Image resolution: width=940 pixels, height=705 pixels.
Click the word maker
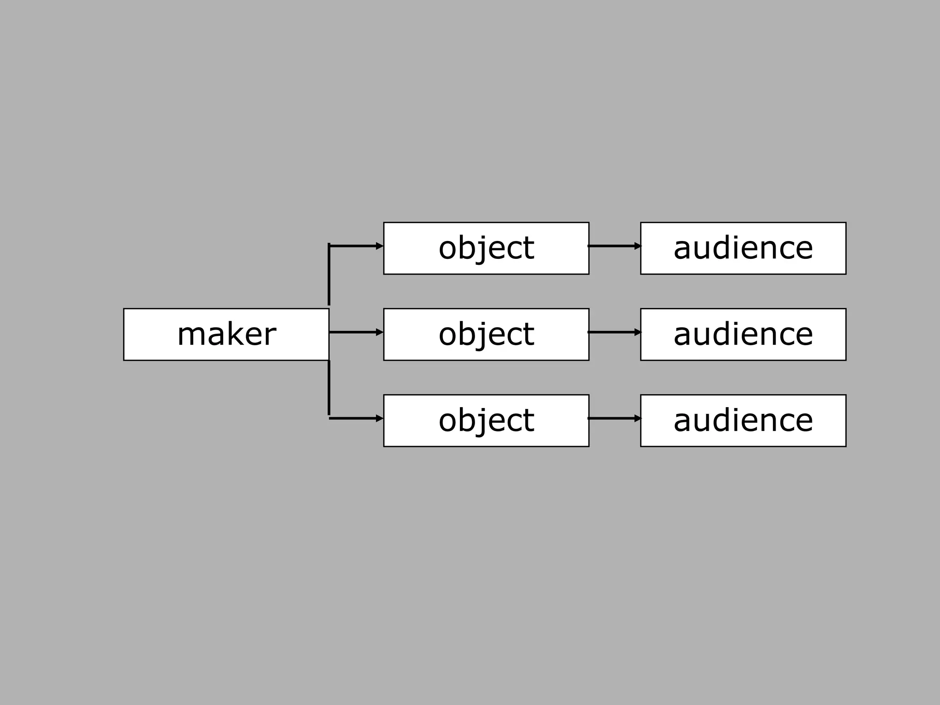tap(226, 334)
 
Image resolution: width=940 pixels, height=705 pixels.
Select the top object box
tap(486, 248)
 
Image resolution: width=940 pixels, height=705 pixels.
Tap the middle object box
tap(486, 334)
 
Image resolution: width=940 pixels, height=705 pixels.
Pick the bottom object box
tap(486, 420)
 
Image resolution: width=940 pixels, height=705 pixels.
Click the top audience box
tap(743, 248)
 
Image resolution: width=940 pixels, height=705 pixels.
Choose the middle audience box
tap(743, 334)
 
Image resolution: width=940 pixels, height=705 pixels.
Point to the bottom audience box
tap(743, 420)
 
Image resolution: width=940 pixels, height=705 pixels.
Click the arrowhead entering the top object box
tap(380, 246)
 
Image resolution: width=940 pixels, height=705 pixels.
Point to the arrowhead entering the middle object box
tap(380, 332)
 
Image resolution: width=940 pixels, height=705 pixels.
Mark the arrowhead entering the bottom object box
tap(380, 418)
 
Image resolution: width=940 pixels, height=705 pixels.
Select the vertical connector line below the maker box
tap(329, 388)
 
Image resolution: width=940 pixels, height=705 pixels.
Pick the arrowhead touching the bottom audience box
tap(638, 418)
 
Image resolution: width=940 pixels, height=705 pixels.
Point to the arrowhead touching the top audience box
tap(638, 246)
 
